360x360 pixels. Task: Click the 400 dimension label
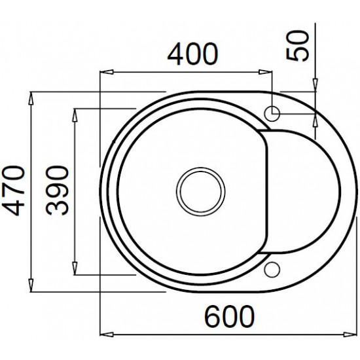(x=192, y=54)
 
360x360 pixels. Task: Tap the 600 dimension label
(x=229, y=316)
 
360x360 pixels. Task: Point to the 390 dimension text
(x=57, y=190)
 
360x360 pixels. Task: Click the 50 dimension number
(x=298, y=46)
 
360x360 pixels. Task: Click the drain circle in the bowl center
(x=201, y=192)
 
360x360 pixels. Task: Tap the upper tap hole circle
(x=272, y=114)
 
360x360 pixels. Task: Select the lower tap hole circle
(x=272, y=270)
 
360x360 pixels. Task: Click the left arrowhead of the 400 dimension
(x=106, y=72)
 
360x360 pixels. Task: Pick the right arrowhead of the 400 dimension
(x=265, y=72)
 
